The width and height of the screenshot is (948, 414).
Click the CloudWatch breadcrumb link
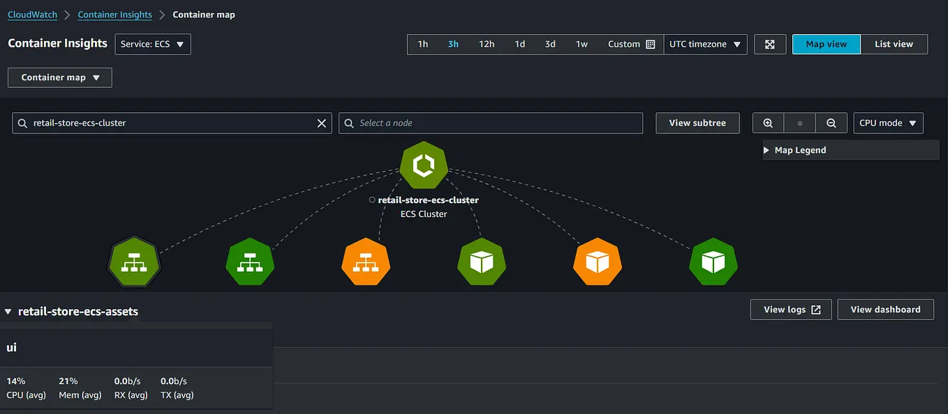pos(33,15)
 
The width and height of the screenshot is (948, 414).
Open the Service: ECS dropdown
pos(153,44)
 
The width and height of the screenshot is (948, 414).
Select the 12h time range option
pos(487,44)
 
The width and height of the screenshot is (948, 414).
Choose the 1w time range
pos(582,44)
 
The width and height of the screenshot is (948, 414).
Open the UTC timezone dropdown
pos(705,44)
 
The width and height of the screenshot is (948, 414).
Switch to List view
pos(894,44)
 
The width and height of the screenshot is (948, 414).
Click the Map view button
pos(826,44)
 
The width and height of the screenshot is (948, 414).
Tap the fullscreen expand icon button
pos(770,44)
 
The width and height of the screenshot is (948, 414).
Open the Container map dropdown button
pos(60,77)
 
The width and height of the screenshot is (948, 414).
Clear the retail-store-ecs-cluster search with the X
pos(322,123)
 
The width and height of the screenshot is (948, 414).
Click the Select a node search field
pos(491,123)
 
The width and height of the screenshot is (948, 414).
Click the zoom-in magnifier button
pos(768,123)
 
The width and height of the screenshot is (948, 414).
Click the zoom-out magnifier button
pos(831,123)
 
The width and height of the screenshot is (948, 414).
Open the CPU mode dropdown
pos(889,123)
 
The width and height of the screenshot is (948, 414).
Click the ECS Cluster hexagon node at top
pos(424,165)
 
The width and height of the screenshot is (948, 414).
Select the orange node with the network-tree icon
pos(366,262)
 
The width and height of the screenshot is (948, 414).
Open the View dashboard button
pos(885,309)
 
